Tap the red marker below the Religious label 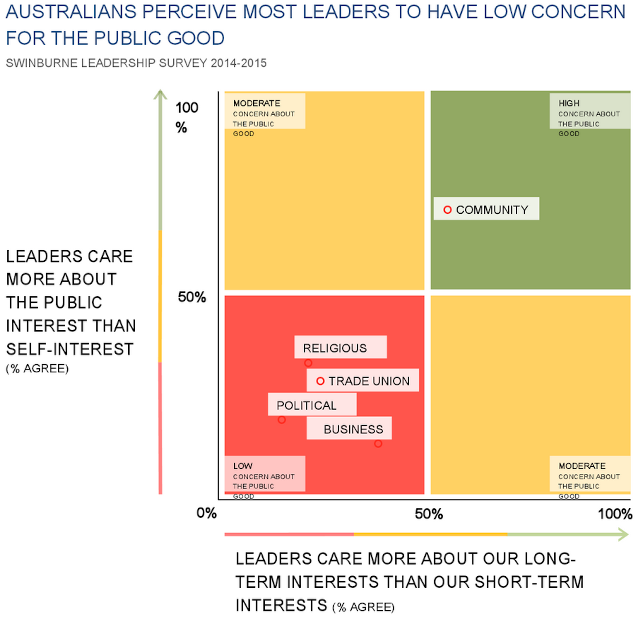coord(308,363)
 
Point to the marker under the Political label coord(282,420)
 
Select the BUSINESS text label coord(353,429)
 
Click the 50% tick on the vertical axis coord(192,297)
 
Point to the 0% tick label coord(207,513)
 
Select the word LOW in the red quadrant coord(243,466)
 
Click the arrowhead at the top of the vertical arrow coord(160,94)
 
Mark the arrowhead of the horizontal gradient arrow coord(623,535)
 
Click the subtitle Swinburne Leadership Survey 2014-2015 coord(136,63)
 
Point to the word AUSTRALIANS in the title coord(71,12)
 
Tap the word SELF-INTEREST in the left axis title coord(70,349)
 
